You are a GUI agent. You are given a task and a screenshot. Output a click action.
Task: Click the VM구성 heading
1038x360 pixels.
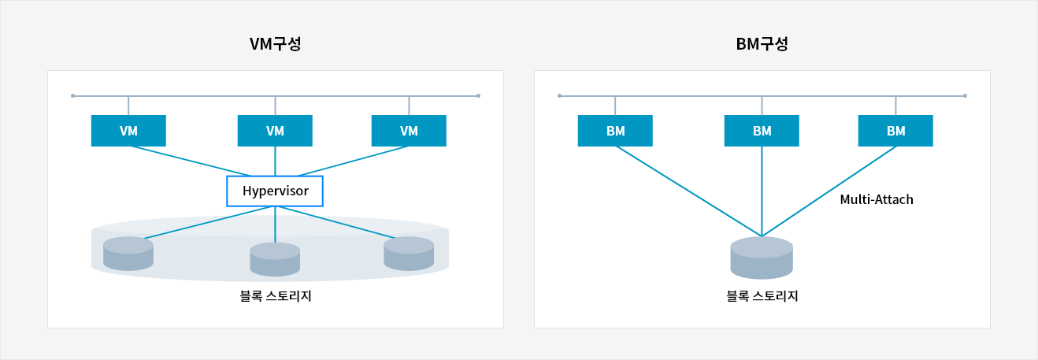click(x=276, y=44)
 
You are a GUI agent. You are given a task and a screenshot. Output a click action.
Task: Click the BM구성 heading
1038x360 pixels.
click(x=762, y=44)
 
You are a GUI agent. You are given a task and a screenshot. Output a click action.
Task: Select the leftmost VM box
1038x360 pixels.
click(x=128, y=131)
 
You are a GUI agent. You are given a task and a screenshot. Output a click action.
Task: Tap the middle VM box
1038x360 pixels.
click(x=275, y=131)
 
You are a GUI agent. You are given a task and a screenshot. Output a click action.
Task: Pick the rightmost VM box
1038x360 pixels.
click(x=409, y=131)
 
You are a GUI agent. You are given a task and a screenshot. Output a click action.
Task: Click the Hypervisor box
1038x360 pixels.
click(x=275, y=191)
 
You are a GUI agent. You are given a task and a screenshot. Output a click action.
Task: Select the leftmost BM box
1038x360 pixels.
click(x=615, y=131)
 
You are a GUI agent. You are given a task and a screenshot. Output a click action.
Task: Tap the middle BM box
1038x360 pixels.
click(x=762, y=131)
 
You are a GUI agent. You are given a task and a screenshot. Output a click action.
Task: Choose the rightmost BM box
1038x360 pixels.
click(x=895, y=131)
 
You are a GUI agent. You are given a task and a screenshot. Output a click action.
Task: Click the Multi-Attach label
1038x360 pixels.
click(x=877, y=199)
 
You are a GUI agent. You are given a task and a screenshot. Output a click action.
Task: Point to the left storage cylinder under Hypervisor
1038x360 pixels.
click(x=128, y=254)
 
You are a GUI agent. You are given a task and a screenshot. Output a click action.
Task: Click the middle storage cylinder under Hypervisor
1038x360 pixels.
click(x=275, y=259)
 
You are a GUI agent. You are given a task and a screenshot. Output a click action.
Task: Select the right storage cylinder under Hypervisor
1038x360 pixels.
click(x=409, y=254)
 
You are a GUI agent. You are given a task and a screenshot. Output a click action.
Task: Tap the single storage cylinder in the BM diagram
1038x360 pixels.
click(x=762, y=258)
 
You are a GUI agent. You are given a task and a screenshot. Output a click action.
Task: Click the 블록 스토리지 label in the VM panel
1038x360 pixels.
click(x=276, y=296)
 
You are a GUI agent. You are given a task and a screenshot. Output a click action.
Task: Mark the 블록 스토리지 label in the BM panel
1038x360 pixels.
click(x=762, y=296)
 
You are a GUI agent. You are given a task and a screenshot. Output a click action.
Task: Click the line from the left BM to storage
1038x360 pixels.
click(x=688, y=191)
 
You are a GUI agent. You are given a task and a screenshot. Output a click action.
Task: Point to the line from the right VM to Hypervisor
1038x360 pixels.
click(x=353, y=161)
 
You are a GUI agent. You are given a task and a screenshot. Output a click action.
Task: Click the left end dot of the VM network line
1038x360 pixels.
click(x=72, y=96)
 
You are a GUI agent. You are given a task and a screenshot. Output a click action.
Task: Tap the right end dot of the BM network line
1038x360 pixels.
click(x=965, y=96)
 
